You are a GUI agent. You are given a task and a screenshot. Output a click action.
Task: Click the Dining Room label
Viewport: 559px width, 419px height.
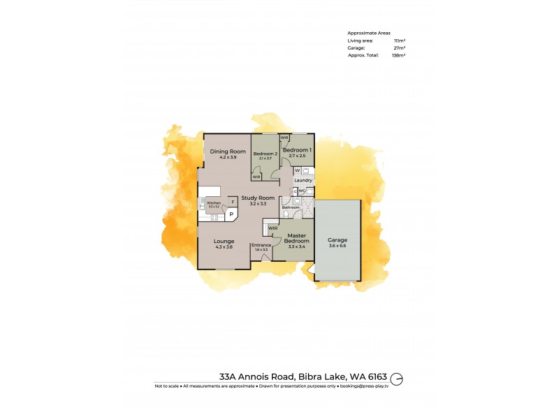(x=228, y=152)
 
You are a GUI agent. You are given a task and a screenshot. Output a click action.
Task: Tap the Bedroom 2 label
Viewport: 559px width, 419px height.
(x=266, y=153)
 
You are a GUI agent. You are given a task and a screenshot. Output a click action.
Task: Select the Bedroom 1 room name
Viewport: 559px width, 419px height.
(x=297, y=150)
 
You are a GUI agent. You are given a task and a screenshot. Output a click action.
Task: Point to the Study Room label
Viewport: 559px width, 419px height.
(x=254, y=198)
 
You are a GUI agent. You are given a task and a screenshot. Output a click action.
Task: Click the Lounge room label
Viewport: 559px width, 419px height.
(x=224, y=241)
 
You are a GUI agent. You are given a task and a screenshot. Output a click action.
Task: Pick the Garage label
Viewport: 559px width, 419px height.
(x=337, y=240)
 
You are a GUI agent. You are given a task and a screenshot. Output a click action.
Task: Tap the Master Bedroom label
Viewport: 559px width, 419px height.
(x=297, y=238)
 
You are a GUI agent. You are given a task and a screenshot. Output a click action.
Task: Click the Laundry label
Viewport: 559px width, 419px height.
(x=303, y=180)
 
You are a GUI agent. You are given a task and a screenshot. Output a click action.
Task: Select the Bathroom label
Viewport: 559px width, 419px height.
(x=291, y=207)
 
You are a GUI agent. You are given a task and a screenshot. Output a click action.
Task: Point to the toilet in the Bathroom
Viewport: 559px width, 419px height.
(x=296, y=200)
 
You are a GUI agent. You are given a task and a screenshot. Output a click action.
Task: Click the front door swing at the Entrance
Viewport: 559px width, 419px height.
(x=265, y=257)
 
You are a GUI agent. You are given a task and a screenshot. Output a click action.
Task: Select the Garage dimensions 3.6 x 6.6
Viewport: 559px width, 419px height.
(x=337, y=246)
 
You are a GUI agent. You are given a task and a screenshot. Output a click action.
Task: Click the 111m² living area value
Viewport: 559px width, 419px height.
(x=398, y=41)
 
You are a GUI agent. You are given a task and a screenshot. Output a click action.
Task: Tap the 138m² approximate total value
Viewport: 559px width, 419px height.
(x=398, y=54)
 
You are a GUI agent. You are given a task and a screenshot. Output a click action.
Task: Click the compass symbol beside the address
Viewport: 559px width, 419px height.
(x=397, y=377)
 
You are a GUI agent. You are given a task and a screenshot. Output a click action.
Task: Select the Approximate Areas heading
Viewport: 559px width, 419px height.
(x=369, y=33)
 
